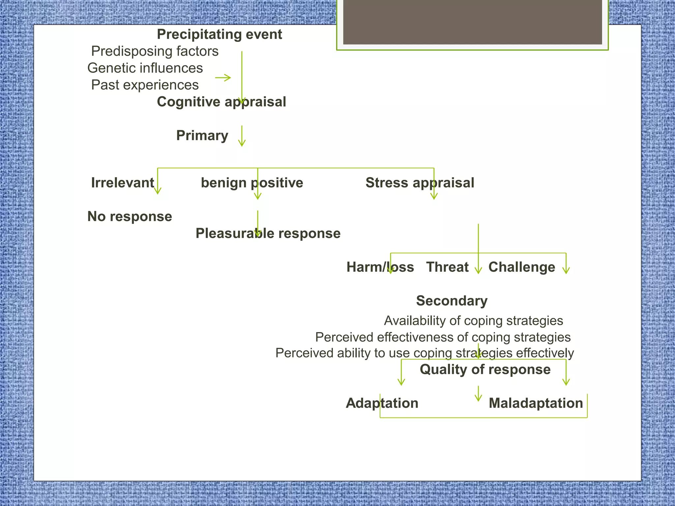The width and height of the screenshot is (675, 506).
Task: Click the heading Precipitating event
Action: [x=219, y=34]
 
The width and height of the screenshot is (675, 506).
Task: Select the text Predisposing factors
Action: [x=155, y=51]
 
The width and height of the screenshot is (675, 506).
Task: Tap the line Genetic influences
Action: [x=145, y=68]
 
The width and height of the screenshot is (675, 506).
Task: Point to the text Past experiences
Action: [x=145, y=85]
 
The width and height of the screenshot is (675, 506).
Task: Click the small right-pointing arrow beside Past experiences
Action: [x=223, y=78]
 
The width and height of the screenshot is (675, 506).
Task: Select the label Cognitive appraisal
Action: [x=221, y=102]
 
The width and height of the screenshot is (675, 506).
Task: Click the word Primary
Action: [x=202, y=135]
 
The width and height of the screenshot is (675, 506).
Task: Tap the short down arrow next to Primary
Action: [x=242, y=136]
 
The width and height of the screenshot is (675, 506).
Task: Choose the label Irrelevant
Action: [x=122, y=183]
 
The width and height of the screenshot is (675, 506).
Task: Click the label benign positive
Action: [x=252, y=183]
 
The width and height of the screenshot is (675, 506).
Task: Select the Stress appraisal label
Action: [x=420, y=183]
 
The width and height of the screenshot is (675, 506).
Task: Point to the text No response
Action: [x=130, y=217]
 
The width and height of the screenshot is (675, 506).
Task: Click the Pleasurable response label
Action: [x=268, y=234]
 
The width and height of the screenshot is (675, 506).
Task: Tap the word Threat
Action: [x=447, y=267]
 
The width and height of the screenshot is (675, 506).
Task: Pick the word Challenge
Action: [x=521, y=267]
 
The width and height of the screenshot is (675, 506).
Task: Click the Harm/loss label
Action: [x=380, y=267]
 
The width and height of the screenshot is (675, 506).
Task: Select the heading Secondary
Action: [x=452, y=301]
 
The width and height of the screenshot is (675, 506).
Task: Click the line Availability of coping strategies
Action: [x=473, y=321]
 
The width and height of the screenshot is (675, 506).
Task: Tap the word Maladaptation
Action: [x=536, y=403]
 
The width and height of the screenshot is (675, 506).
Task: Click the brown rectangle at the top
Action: [x=472, y=22]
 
